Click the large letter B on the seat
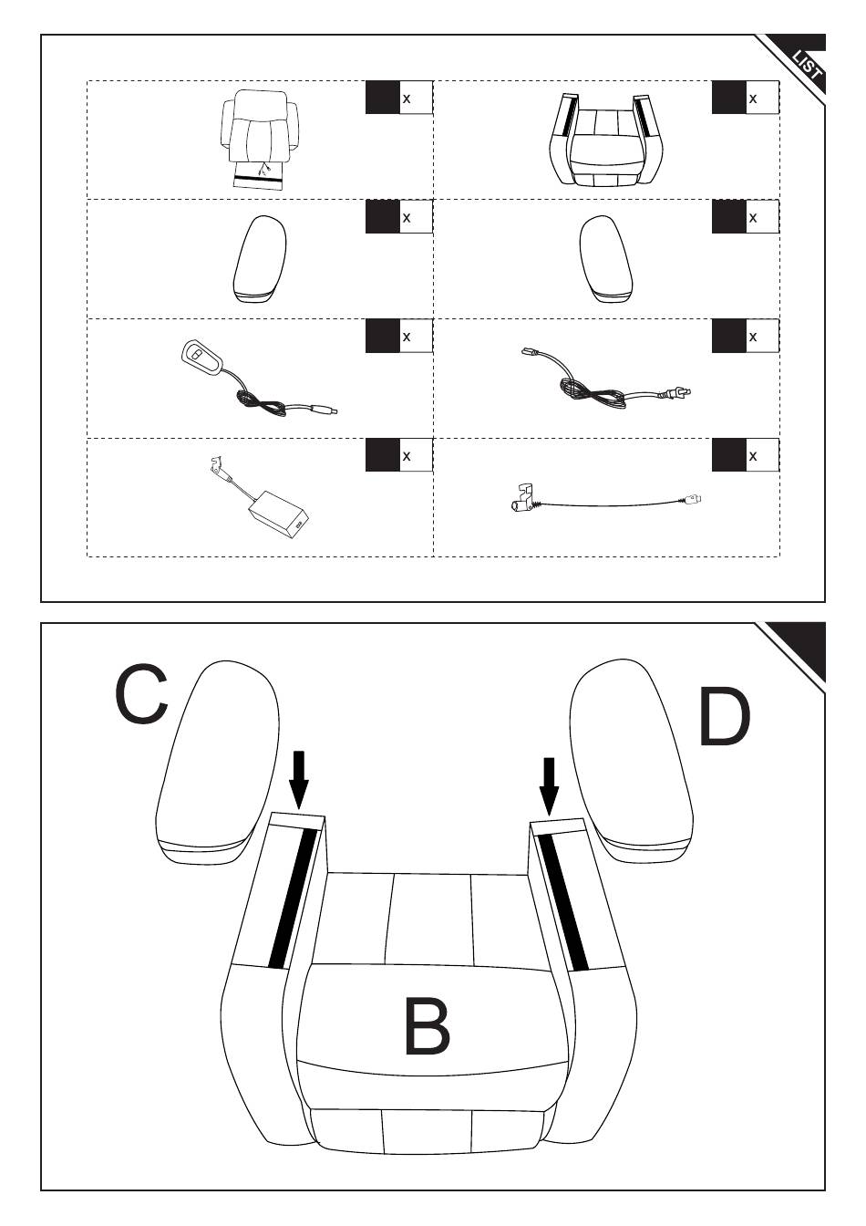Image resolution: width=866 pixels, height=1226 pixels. [427, 1026]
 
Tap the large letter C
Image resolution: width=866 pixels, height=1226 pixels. [141, 695]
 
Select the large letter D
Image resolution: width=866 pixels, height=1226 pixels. [725, 718]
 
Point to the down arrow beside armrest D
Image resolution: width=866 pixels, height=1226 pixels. [548, 784]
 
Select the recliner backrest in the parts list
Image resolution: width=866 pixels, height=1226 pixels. [258, 137]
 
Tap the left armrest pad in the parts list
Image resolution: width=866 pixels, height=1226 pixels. [259, 258]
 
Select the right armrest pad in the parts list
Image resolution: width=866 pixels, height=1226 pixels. [605, 258]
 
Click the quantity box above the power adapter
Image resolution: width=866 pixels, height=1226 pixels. [398, 455]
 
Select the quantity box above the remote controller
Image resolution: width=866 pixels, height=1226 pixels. [398, 337]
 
